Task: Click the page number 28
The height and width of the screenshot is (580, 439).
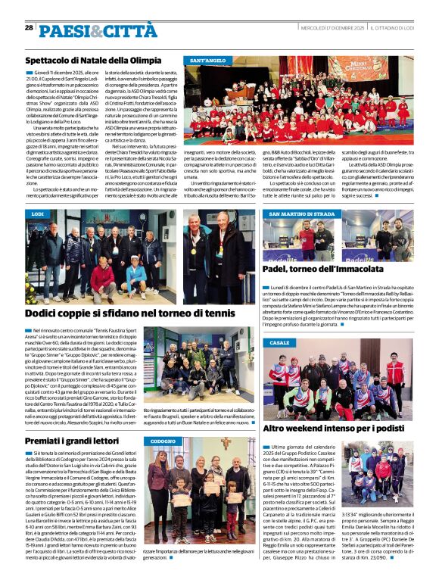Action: pos(29,27)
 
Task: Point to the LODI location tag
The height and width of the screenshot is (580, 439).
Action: pos(38,214)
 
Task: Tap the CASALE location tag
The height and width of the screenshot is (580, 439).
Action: pos(279,343)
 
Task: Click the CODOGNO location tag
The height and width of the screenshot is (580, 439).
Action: pos(163,441)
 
